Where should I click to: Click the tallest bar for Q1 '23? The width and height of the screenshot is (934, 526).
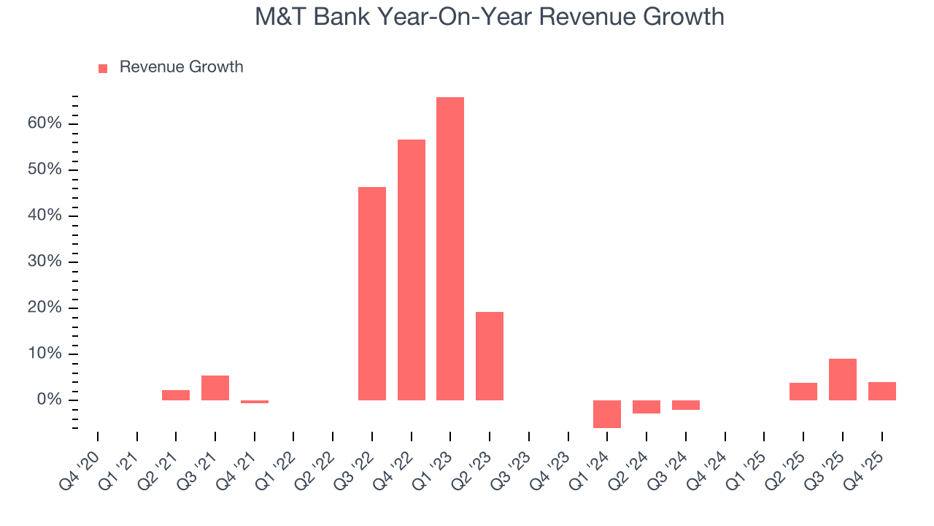[450, 248]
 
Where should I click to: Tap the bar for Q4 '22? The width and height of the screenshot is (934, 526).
[412, 270]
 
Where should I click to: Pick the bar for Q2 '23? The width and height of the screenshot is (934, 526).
[490, 356]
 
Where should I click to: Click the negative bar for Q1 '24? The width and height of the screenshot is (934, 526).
[607, 414]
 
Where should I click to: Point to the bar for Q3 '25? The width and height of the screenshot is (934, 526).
[843, 379]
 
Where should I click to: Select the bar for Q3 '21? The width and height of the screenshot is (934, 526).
[215, 388]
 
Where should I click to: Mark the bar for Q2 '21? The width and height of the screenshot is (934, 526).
[176, 395]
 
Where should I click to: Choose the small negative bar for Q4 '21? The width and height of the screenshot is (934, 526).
[255, 402]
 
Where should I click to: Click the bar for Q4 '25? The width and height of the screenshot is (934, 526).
[882, 391]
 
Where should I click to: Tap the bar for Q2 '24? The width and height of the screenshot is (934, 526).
[647, 407]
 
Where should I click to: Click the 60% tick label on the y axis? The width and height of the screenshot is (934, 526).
[45, 123]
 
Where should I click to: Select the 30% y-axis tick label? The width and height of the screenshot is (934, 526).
[45, 262]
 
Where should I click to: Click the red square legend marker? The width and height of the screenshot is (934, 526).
[103, 68]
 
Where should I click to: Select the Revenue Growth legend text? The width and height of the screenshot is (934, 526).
[181, 67]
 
